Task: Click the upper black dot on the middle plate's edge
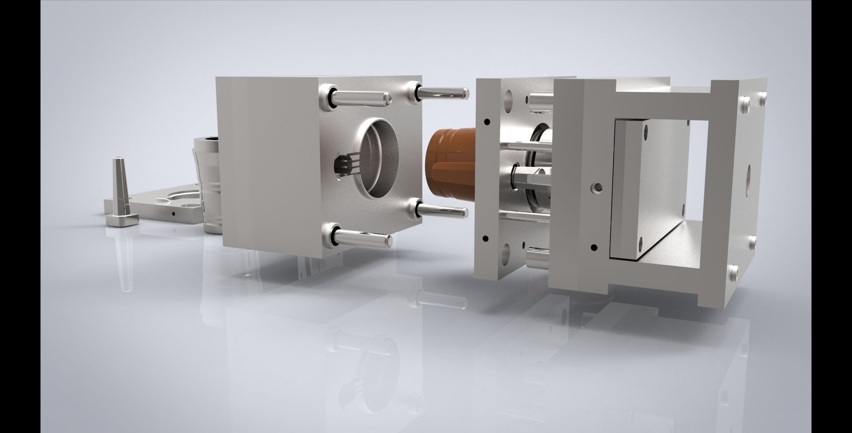tap(487, 121)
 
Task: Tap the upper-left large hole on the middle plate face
tap(508, 97)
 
